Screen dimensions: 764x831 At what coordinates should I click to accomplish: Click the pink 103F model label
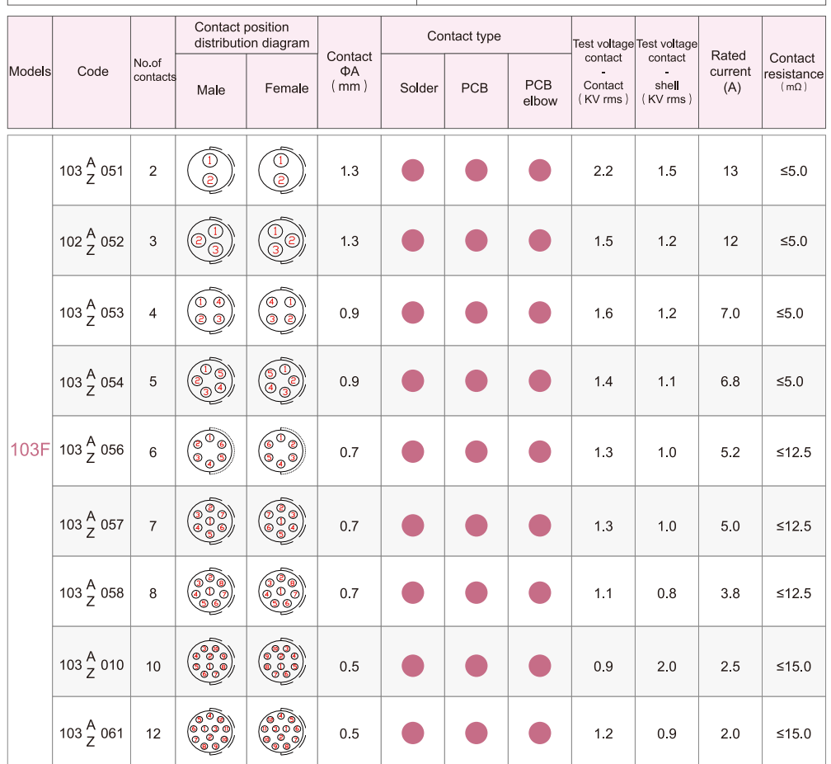[x=31, y=450]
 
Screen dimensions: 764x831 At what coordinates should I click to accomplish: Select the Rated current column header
[x=730, y=72]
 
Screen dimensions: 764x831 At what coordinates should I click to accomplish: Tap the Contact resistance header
[x=794, y=71]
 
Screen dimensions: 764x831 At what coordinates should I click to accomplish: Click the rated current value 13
[x=730, y=171]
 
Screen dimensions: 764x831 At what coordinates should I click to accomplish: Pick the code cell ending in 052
[x=92, y=242]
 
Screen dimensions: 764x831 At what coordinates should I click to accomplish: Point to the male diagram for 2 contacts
[x=210, y=171]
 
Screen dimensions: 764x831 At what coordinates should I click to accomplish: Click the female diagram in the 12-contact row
[x=282, y=733]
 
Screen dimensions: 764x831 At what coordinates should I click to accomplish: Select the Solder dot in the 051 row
[x=412, y=171]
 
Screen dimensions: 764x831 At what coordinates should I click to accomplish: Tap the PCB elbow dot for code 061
[x=540, y=733]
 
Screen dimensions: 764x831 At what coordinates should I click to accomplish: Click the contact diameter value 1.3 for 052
[x=350, y=242]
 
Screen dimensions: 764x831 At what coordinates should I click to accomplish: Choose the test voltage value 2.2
[x=603, y=171]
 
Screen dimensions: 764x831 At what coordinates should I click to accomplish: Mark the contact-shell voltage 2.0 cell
[x=667, y=666]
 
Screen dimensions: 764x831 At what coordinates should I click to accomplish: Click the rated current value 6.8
[x=730, y=382]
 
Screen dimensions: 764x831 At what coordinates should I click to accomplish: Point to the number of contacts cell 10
[x=153, y=666]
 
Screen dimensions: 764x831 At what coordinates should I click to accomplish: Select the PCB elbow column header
[x=540, y=92]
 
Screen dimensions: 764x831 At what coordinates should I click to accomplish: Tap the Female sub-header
[x=286, y=89]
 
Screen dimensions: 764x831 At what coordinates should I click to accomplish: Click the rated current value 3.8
[x=730, y=593]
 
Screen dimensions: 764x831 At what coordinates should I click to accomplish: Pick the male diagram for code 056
[x=210, y=451]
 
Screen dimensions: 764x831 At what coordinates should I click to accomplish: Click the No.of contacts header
[x=154, y=70]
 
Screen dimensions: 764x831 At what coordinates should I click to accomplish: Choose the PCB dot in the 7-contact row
[x=477, y=526]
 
